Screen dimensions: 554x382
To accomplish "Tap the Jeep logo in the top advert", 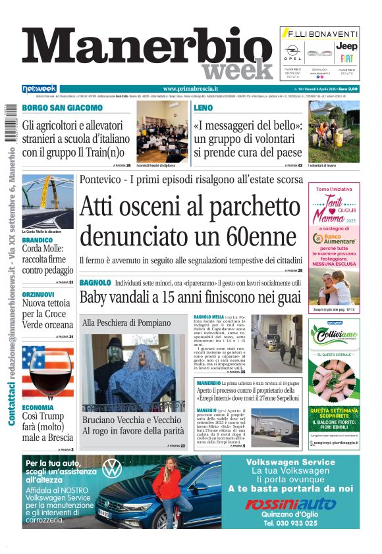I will point(346,46).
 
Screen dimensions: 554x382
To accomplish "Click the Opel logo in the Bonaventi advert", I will point(292,51).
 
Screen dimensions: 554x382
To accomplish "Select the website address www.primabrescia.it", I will point(190,89).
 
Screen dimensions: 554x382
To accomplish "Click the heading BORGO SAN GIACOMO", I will point(63,107).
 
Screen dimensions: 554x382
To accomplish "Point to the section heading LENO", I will point(203,107).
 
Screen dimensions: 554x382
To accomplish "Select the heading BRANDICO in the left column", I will point(38,240).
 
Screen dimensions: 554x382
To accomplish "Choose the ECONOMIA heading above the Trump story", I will point(38,407).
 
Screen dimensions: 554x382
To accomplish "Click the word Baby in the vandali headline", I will point(93,297).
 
